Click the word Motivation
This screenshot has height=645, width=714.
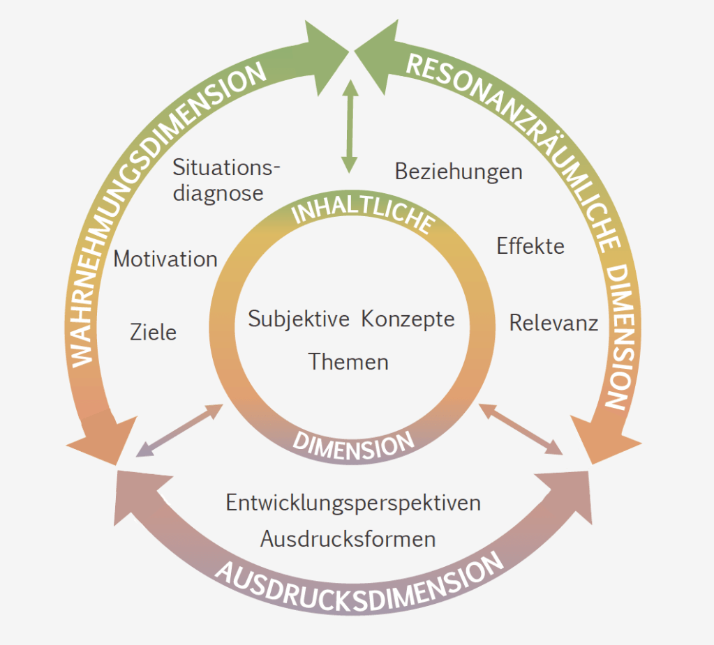click(165, 259)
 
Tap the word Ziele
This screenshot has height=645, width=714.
click(154, 332)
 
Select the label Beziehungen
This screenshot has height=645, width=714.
click(459, 172)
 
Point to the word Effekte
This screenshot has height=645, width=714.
click(530, 246)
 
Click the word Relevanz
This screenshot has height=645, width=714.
click(553, 323)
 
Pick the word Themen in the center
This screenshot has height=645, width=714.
click(348, 362)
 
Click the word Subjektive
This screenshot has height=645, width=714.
click(299, 319)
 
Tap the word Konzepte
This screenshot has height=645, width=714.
click(408, 319)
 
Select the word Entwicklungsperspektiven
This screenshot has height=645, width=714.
click(353, 503)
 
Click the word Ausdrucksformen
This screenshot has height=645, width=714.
click(348, 539)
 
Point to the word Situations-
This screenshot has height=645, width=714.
click(226, 167)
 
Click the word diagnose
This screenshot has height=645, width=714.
click(218, 193)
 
